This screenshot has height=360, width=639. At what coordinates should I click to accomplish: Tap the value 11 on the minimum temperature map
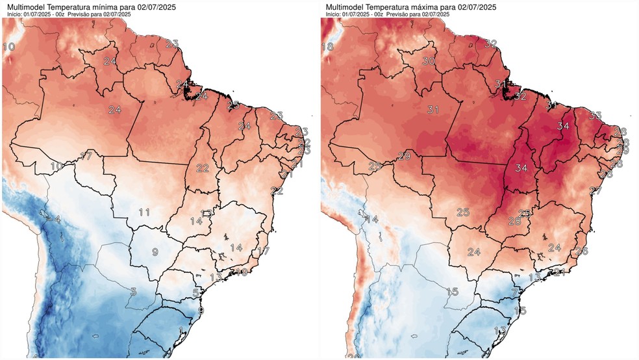(144, 212)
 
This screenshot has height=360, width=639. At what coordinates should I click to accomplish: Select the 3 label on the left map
(132, 291)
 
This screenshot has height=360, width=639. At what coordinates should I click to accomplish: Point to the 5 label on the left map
(195, 293)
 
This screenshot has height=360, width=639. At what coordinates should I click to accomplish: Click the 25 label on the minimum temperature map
(234, 104)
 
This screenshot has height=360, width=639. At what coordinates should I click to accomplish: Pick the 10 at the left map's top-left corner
(9, 47)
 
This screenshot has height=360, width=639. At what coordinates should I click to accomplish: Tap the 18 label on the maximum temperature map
(327, 47)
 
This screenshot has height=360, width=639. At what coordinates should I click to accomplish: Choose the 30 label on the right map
(428, 61)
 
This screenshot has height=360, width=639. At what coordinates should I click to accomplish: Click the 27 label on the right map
(595, 191)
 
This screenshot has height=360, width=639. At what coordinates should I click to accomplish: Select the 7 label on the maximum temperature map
(514, 293)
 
